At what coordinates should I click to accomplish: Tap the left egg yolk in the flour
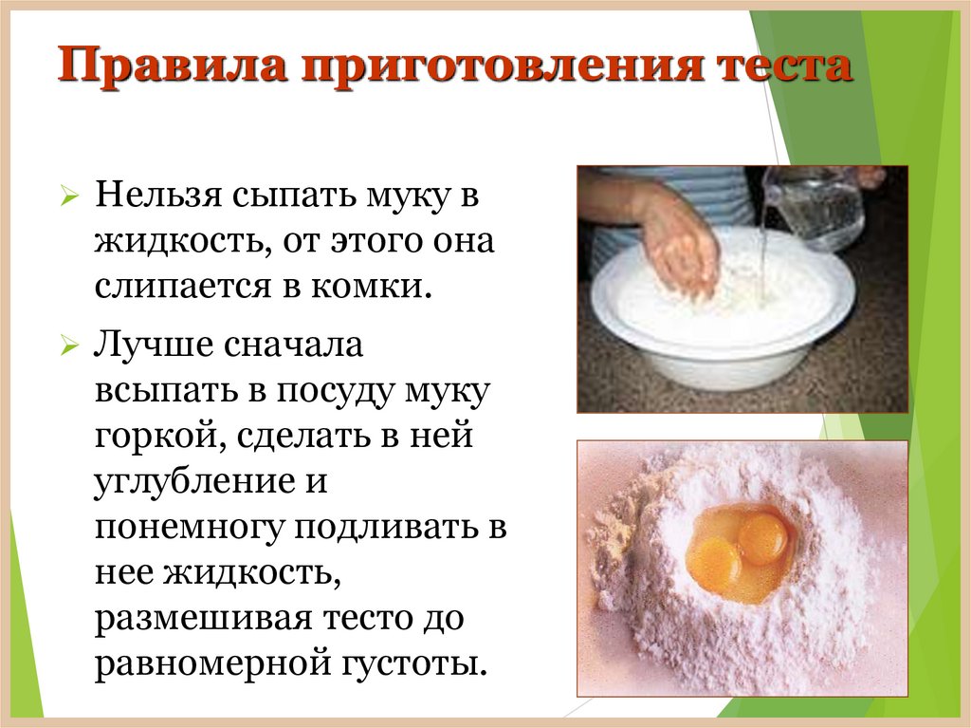714,559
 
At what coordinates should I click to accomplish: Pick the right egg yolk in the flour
762,537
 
